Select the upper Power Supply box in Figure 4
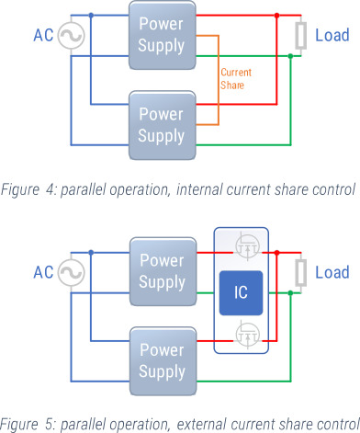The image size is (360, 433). coord(161,34)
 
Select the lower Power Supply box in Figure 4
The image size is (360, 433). coord(161,125)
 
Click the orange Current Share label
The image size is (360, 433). coord(236,78)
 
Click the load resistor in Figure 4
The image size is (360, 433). coord(300,36)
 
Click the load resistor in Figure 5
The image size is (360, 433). coord(300,272)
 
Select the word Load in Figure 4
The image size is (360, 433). coord(332,36)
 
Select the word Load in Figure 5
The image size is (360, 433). coord(332,273)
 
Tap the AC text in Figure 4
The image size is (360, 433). coord(43,36)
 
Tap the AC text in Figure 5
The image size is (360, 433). coord(43,273)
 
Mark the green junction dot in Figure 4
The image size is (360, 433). coord(290,56)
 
